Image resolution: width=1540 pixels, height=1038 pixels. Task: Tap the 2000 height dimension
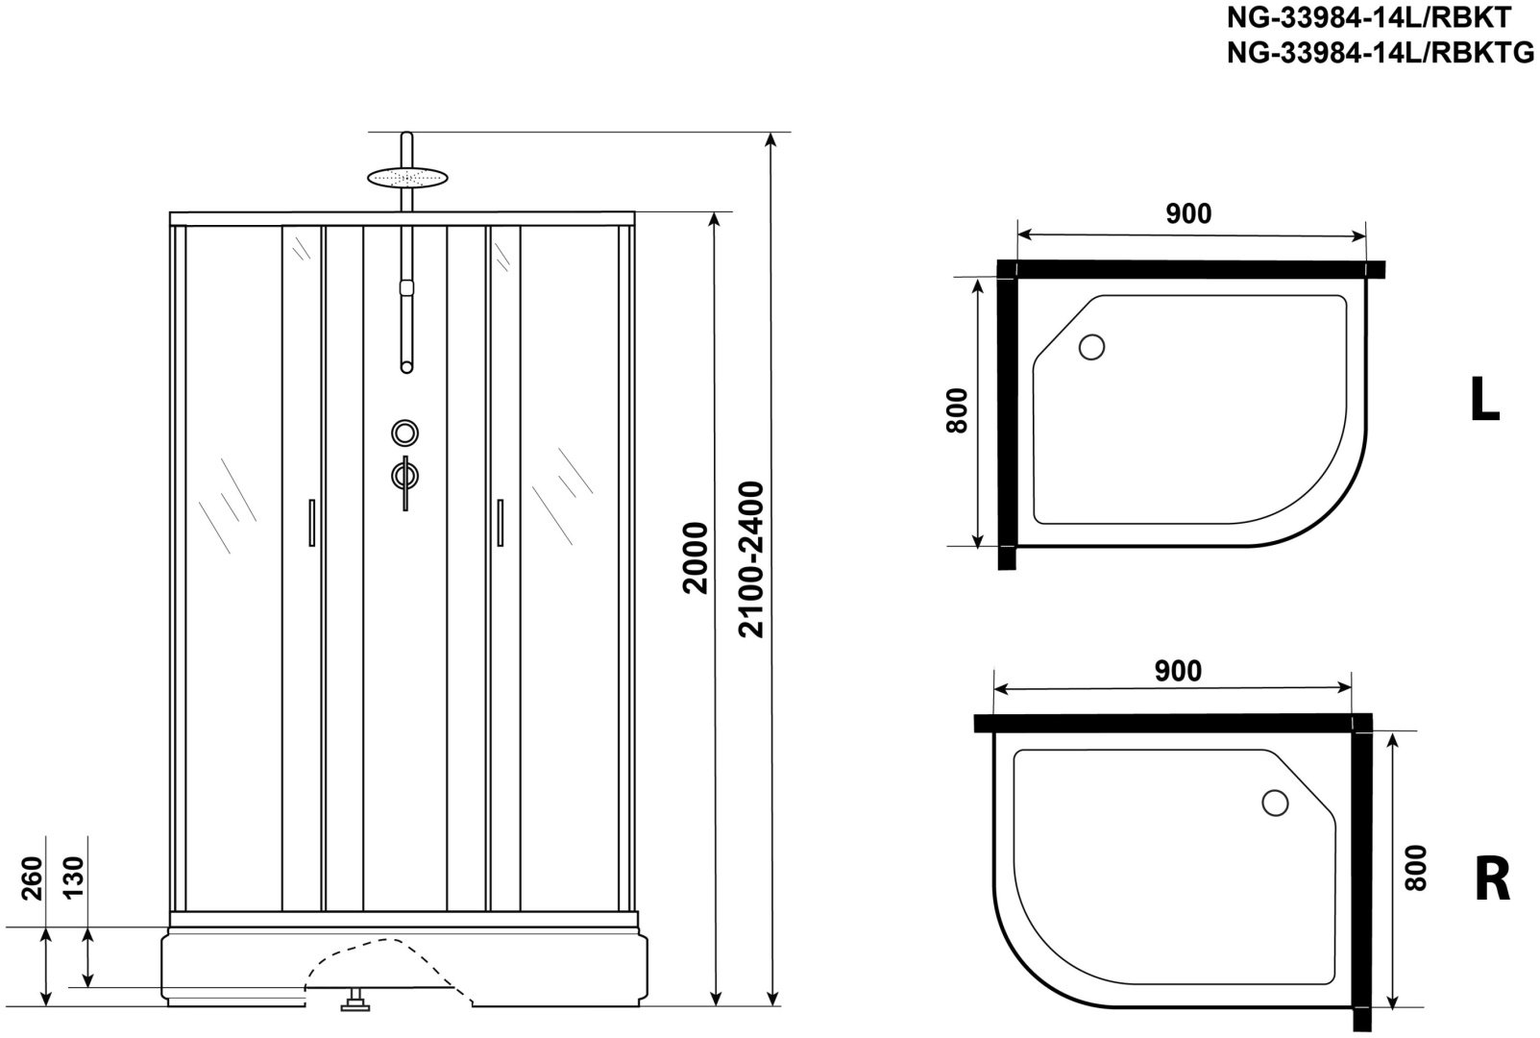tap(695, 557)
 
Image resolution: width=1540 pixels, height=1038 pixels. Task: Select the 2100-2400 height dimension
tap(750, 559)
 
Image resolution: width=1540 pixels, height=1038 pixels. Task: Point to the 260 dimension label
tap(33, 877)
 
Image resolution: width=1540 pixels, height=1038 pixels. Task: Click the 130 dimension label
tap(73, 877)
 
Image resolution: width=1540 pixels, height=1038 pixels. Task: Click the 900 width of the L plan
tap(1188, 214)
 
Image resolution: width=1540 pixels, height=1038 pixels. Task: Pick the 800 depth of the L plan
tap(957, 410)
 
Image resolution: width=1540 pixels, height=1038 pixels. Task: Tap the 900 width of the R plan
tap(1179, 671)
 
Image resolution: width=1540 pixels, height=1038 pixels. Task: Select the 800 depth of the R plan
tap(1416, 869)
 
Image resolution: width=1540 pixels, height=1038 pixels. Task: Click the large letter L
tap(1485, 400)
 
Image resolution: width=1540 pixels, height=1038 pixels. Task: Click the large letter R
tap(1493, 879)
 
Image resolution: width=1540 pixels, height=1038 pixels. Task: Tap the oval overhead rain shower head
tap(407, 178)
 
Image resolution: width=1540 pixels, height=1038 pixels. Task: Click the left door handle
tap(312, 523)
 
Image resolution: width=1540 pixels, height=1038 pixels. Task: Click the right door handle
tap(500, 523)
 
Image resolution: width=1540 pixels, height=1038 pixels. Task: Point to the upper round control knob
tap(405, 432)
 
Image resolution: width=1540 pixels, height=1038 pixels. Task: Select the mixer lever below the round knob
tap(405, 479)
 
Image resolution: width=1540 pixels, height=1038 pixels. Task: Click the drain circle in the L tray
tap(1091, 347)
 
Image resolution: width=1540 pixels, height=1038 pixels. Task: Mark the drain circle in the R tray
tap(1275, 803)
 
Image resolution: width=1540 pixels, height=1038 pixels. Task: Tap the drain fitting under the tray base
tap(355, 1001)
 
